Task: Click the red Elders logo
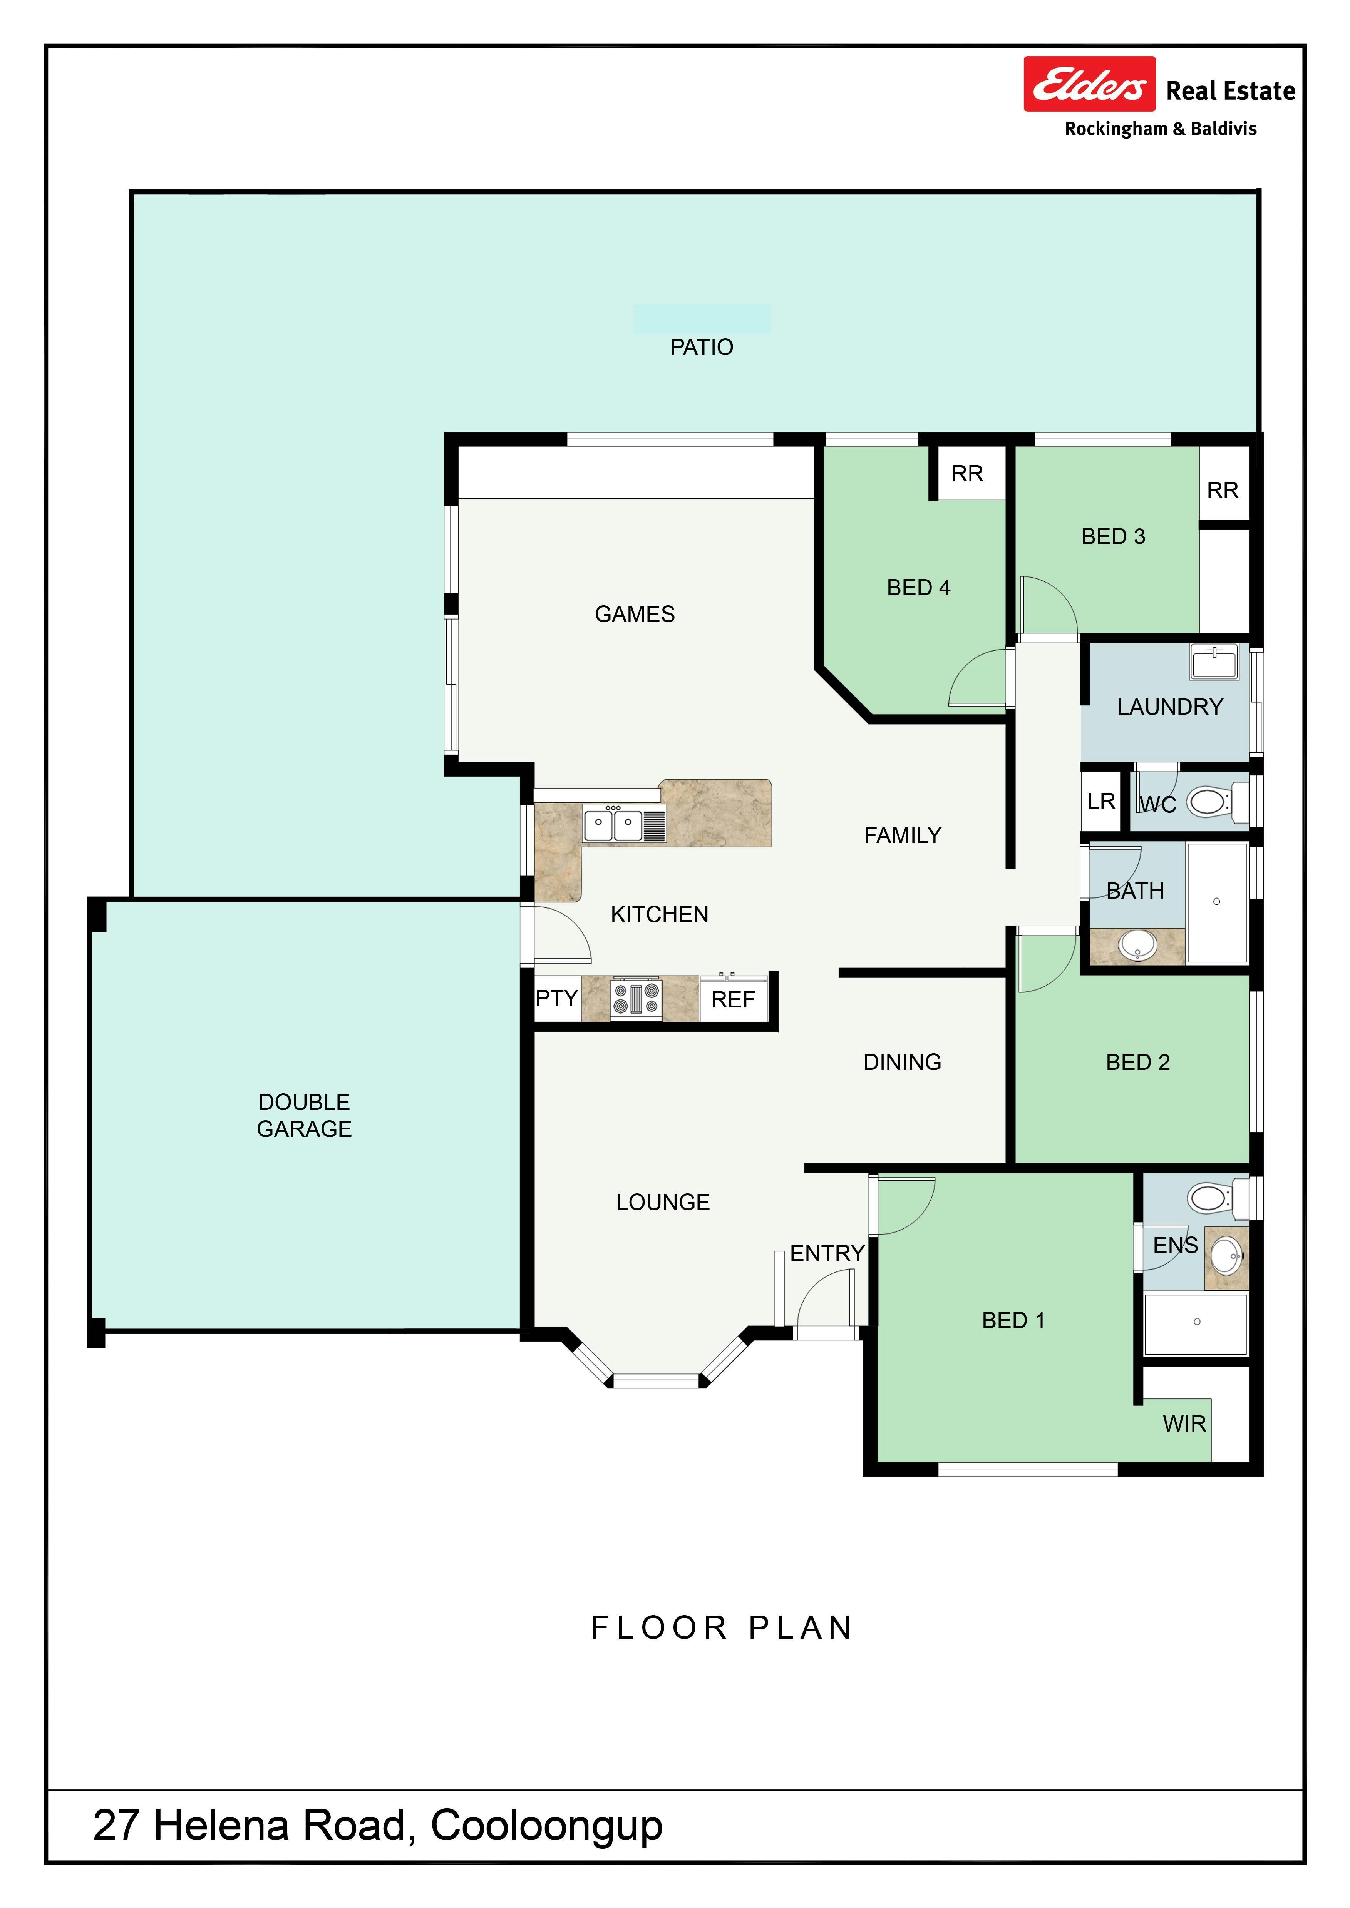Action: (x=1089, y=84)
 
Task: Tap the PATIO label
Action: (x=702, y=348)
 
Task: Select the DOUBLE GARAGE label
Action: (x=304, y=1115)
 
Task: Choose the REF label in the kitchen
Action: (x=733, y=1000)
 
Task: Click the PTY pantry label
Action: (x=556, y=998)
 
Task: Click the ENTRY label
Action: (x=827, y=1253)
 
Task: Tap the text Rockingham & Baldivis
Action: (x=1161, y=129)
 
